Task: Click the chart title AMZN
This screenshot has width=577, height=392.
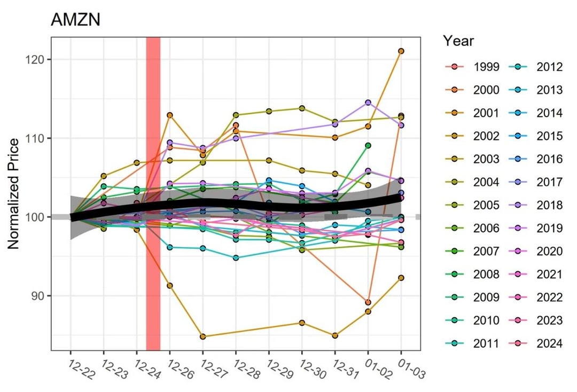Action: click(x=75, y=20)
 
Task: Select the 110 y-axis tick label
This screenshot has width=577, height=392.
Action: click(x=36, y=138)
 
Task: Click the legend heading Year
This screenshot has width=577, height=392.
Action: click(x=458, y=41)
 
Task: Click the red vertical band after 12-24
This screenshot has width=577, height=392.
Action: click(x=153, y=193)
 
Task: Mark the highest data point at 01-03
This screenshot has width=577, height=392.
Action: click(x=401, y=51)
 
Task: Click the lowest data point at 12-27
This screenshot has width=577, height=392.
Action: click(x=203, y=336)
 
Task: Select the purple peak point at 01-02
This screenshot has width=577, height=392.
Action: click(x=368, y=103)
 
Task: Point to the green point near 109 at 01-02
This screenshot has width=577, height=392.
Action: click(x=368, y=145)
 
